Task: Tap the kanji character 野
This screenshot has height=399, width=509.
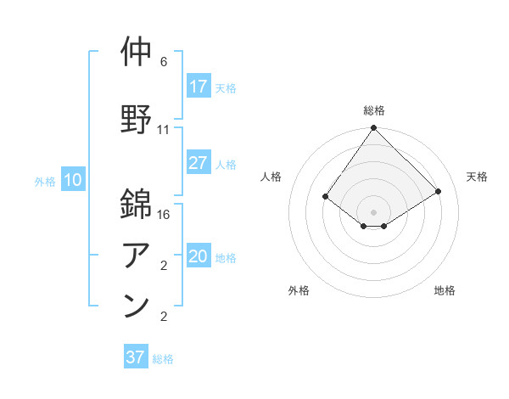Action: (x=137, y=117)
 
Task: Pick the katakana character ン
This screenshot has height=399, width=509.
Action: (x=137, y=306)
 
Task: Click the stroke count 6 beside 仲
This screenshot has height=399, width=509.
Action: (x=164, y=62)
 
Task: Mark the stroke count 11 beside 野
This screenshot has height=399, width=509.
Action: (x=164, y=130)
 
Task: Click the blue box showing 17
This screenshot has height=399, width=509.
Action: (x=198, y=87)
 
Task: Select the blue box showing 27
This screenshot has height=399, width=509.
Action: (x=198, y=163)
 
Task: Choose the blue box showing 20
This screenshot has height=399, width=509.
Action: (x=198, y=256)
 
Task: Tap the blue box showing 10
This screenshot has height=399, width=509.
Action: (x=73, y=180)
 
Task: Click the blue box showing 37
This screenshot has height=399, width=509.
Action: (x=135, y=357)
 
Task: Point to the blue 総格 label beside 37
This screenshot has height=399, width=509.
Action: (x=163, y=359)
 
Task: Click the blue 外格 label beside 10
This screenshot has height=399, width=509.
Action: (x=45, y=181)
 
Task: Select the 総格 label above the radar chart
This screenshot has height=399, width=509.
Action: (x=374, y=110)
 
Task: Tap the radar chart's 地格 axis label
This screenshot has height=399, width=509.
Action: (x=445, y=291)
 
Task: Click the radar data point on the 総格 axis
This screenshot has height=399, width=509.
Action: (x=374, y=128)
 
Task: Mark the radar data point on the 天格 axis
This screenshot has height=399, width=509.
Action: (x=439, y=191)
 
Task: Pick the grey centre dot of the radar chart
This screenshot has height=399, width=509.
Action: (x=374, y=211)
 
